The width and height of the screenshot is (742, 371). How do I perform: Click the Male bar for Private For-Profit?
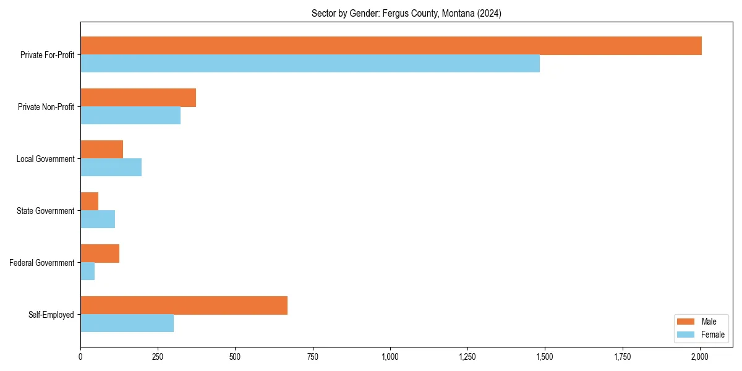(x=391, y=46)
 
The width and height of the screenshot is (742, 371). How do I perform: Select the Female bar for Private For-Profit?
(x=310, y=64)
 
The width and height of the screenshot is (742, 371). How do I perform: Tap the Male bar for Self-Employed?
(x=184, y=305)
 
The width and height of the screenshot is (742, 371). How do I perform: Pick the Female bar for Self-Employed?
(x=127, y=323)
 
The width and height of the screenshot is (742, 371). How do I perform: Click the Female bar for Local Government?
(x=111, y=168)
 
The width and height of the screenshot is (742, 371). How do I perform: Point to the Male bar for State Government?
(x=89, y=202)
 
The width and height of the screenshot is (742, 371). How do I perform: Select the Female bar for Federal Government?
(x=87, y=271)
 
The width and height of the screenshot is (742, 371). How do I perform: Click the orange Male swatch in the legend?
(x=686, y=322)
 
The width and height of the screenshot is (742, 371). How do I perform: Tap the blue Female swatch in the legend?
(x=686, y=335)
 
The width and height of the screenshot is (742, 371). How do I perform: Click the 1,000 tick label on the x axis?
(x=390, y=357)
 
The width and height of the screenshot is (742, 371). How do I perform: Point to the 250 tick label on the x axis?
(x=158, y=357)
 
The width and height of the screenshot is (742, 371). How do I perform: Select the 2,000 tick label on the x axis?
(x=700, y=357)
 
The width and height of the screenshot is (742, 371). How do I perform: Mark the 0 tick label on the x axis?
(x=80, y=357)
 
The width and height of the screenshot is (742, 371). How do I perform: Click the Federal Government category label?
(x=42, y=263)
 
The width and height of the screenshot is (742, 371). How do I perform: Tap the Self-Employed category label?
(x=51, y=315)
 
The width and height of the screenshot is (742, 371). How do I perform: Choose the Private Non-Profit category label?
(x=47, y=107)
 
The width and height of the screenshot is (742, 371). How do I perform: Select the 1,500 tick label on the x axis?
(x=545, y=357)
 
